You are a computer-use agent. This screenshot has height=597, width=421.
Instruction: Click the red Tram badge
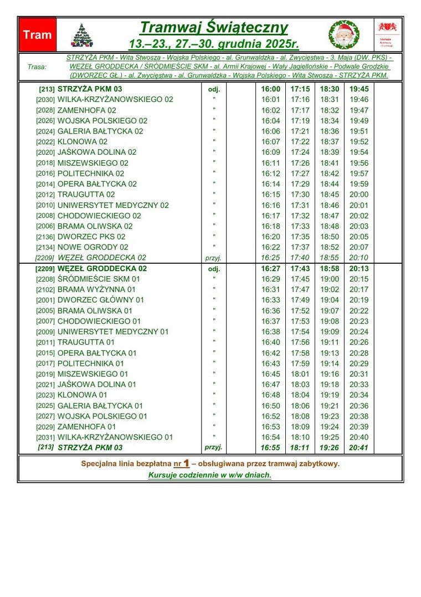pos(37,34)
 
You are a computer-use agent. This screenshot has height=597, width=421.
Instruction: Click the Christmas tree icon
pos(81,35)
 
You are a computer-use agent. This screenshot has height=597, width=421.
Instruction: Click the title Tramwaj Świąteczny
pos(213,27)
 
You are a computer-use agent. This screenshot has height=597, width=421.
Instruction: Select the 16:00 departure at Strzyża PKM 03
pos(270,89)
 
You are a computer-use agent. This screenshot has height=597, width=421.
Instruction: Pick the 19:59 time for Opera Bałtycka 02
pos(358,184)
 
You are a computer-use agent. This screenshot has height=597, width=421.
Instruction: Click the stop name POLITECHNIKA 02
pos(91,174)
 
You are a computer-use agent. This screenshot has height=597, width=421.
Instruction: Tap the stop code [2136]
pos(45,237)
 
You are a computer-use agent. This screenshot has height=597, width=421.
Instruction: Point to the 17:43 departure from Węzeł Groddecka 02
pos(300,269)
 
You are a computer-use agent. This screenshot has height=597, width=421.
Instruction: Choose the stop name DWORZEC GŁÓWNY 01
pos(100,300)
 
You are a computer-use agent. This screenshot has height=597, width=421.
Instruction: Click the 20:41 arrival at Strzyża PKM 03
pos(358,448)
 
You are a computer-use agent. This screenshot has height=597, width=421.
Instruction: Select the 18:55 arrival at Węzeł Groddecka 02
pos(329,258)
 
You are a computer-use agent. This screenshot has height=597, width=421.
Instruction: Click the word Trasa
pos(37,67)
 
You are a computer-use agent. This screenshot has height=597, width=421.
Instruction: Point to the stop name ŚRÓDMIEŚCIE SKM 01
pos(99,279)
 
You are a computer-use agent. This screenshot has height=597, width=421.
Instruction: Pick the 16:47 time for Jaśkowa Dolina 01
pos(270,385)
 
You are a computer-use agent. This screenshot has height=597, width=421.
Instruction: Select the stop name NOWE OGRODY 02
pos(93,247)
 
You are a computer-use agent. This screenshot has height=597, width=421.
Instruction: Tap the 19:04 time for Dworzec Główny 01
pos(329,300)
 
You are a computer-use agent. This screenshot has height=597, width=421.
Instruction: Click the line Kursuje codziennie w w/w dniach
pos(209,475)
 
